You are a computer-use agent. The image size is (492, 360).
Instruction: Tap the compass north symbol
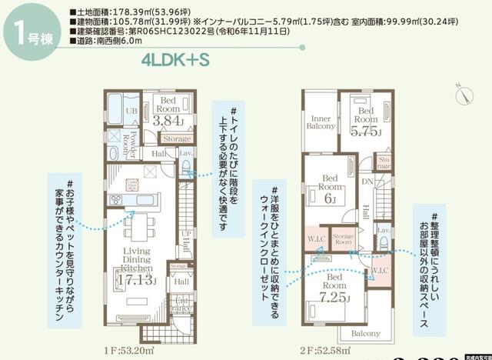pyautogui.click(x=466, y=94)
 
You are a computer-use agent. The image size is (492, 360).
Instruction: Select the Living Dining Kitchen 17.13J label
pyautogui.click(x=136, y=265)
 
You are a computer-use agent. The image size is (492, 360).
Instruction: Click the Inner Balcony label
pyautogui.click(x=319, y=122)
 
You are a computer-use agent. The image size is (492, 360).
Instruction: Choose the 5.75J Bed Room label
pyautogui.click(x=367, y=123)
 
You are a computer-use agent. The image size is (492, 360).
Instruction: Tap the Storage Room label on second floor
pyautogui.click(x=343, y=239)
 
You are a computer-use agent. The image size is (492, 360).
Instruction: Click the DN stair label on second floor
pyautogui.click(x=367, y=182)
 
